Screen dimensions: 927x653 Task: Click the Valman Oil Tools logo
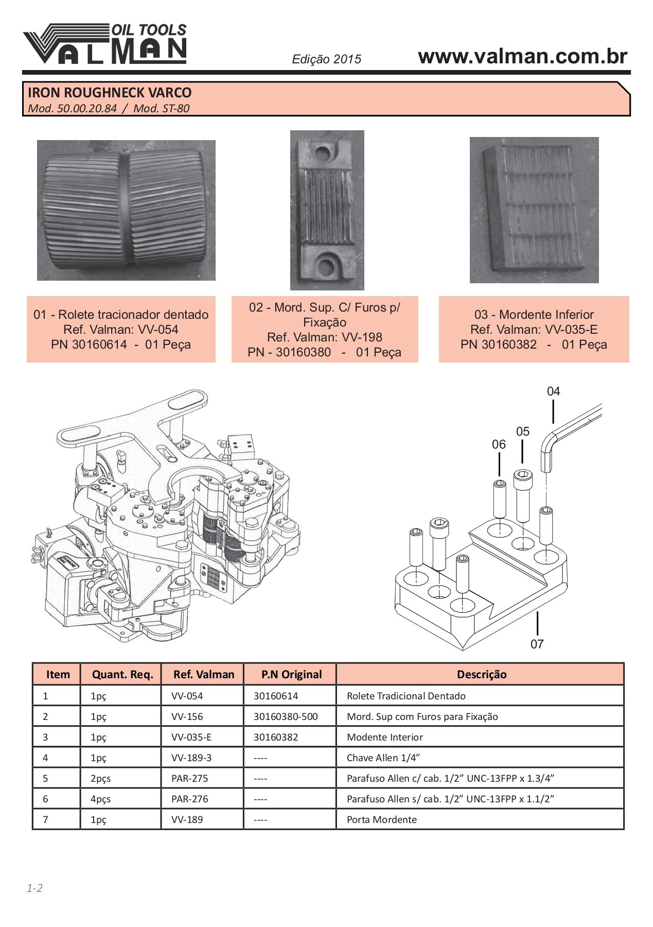104,44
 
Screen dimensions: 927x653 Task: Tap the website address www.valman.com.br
522,56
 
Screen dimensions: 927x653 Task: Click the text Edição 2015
326,59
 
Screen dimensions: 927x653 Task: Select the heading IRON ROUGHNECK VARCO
109,93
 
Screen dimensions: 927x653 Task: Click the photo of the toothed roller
126,210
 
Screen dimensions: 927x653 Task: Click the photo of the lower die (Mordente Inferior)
534,210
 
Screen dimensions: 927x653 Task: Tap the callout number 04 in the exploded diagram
553,391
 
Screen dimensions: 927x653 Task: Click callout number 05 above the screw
522,432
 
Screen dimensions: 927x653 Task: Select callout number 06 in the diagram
499,444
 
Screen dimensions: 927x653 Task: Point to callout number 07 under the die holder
537,644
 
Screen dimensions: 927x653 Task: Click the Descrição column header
481,675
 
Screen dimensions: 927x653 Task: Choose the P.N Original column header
291,675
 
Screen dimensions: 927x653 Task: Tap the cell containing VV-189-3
191,758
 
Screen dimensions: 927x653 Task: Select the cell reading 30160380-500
286,716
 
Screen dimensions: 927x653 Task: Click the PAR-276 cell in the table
189,799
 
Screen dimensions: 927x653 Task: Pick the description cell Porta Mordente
381,819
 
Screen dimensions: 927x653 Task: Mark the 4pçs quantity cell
100,799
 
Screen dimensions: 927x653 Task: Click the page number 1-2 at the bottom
34,888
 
